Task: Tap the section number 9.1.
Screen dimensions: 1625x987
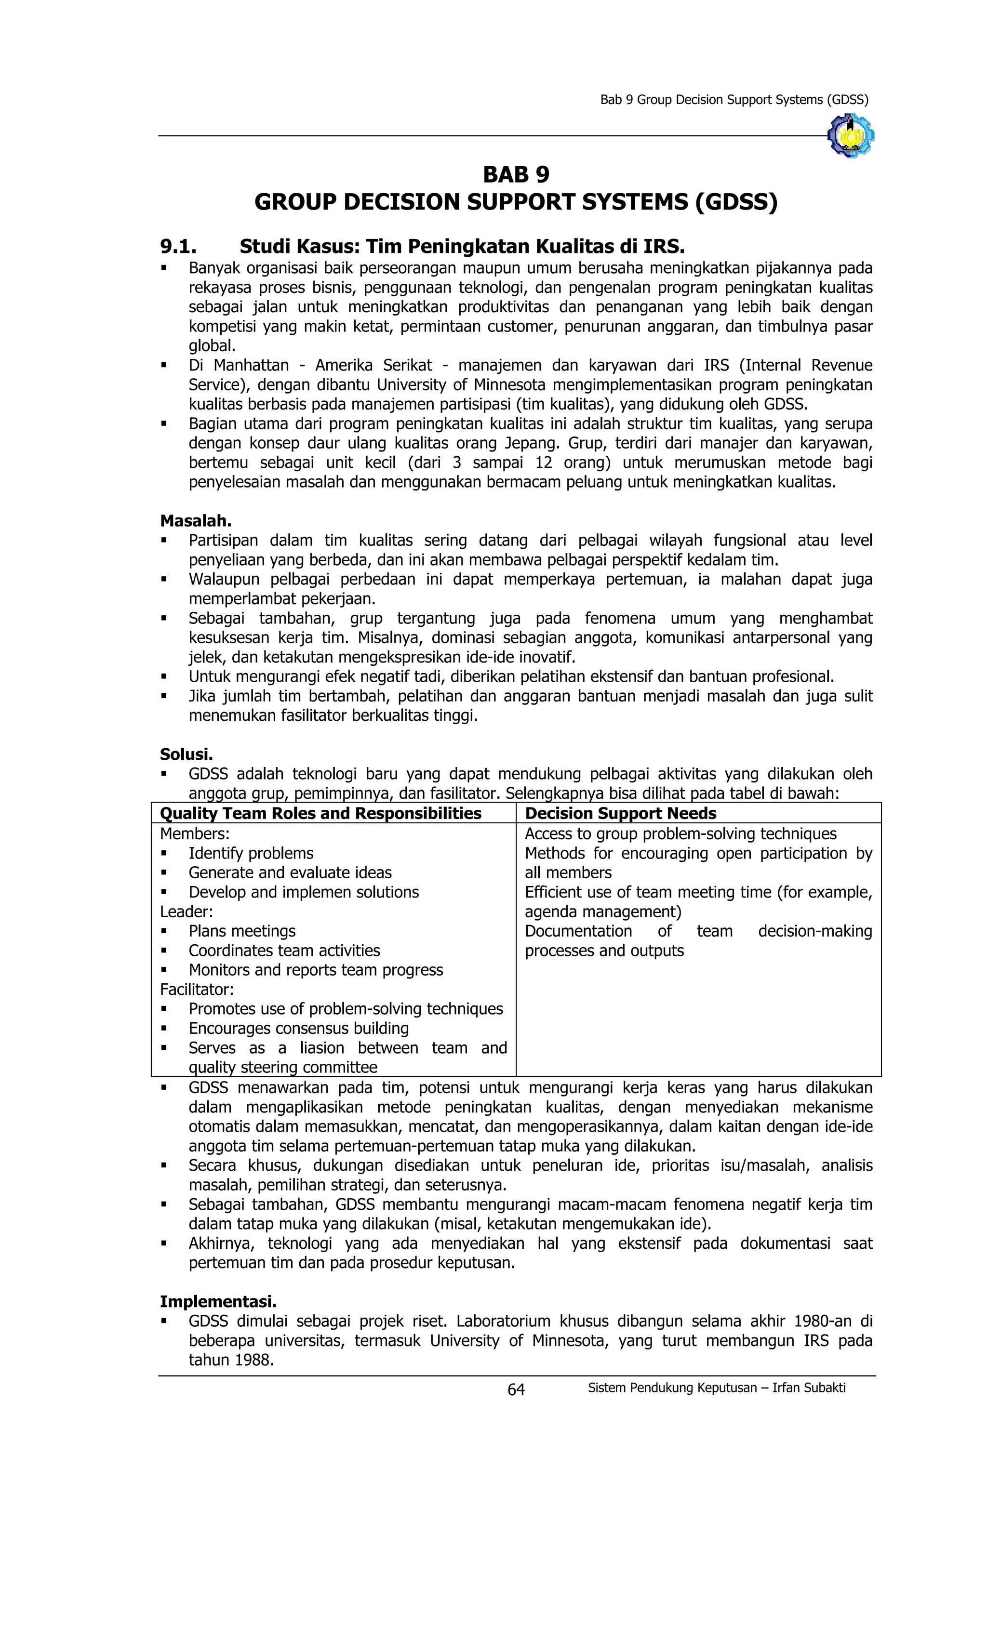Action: coord(178,247)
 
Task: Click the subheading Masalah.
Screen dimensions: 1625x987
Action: coord(195,520)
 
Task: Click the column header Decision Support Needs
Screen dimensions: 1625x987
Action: coord(620,813)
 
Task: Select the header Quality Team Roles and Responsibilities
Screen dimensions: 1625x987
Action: coord(320,813)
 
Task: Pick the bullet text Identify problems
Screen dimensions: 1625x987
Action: coord(251,853)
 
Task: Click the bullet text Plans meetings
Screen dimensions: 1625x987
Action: coord(241,931)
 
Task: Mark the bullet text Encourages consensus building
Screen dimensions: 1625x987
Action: coord(298,1028)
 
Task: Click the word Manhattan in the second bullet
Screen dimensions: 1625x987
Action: coord(251,365)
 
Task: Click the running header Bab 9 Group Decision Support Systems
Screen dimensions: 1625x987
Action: coord(733,100)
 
